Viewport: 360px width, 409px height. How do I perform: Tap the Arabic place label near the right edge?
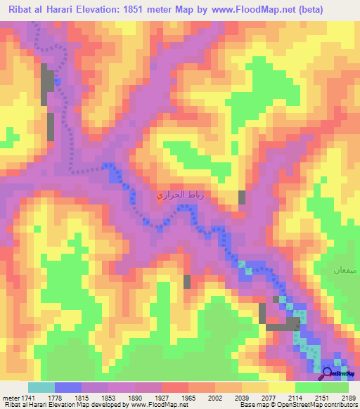345,270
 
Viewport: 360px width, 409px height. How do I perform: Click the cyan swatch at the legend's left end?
41,387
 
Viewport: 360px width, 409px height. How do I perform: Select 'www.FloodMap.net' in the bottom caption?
154,405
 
